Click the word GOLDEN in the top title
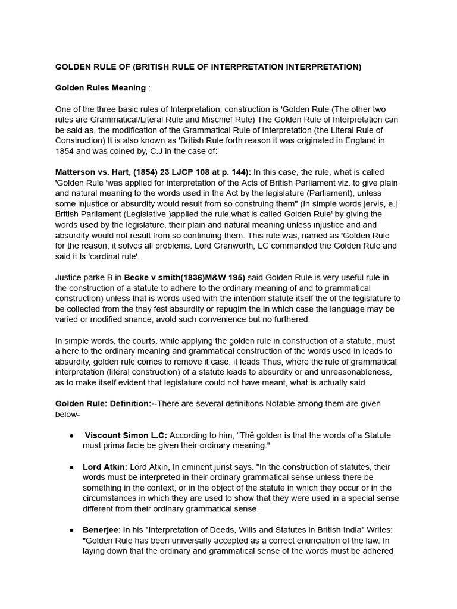tap(72, 67)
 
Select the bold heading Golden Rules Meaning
tap(100, 88)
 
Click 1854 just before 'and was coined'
tap(65, 151)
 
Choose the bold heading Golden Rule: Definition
tap(104, 404)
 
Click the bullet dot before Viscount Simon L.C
tap(72, 435)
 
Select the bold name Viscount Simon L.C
tap(126, 435)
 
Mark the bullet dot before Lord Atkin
tap(72, 467)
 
